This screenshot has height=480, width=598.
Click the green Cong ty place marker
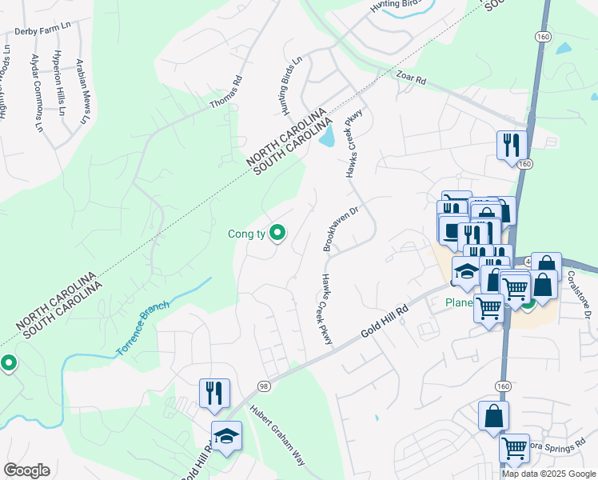tap(278, 233)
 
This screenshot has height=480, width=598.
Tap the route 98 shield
tap(263, 386)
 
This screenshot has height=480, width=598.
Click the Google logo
tap(26, 470)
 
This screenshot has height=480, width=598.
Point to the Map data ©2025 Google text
tap(548, 474)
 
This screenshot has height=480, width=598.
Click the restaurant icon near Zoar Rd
tap(511, 146)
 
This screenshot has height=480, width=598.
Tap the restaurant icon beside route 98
tap(214, 393)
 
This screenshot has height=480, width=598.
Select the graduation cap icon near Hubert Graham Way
tap(226, 436)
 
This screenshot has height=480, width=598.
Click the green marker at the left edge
tap(8, 363)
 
